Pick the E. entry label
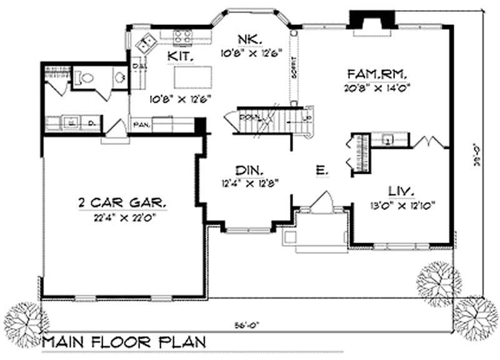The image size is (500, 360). click(319, 169)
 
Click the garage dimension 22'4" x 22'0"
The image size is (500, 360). click(122, 217)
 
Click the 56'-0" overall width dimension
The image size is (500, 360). click(243, 324)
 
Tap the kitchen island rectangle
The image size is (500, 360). click(190, 78)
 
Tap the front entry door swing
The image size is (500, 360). click(324, 203)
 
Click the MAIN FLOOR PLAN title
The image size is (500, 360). click(122, 342)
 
